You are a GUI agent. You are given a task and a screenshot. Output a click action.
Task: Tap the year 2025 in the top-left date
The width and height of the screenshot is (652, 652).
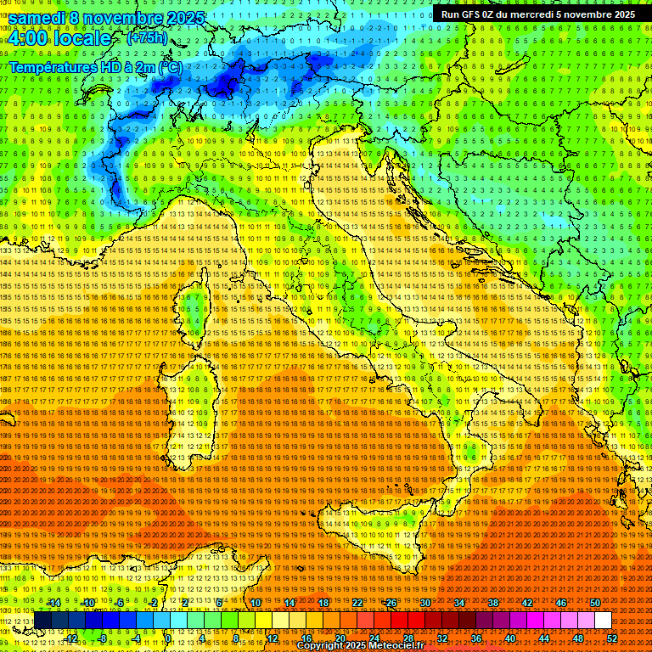(183, 18)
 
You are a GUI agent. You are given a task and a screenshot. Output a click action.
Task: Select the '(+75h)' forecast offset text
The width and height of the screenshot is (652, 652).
(147, 38)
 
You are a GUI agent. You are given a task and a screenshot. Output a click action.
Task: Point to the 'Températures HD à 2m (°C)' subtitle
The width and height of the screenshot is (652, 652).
(95, 66)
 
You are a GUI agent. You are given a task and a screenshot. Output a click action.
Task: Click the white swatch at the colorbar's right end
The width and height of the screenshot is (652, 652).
(603, 620)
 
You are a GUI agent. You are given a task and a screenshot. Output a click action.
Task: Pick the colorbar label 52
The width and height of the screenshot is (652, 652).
(612, 638)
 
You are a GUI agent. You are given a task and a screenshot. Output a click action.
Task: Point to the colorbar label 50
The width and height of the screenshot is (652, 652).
(595, 603)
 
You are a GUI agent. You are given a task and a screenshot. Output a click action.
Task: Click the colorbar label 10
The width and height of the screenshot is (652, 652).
(256, 603)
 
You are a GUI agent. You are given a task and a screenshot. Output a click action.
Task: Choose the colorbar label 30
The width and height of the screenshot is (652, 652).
(425, 603)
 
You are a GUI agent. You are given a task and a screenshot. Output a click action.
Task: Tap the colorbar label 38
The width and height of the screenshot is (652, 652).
(493, 603)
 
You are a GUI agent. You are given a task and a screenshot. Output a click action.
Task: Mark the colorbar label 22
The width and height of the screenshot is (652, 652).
(357, 603)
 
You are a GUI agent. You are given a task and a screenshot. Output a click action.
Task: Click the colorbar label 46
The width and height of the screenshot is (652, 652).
(561, 603)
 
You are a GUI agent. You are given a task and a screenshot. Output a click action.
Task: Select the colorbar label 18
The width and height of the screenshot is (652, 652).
(323, 603)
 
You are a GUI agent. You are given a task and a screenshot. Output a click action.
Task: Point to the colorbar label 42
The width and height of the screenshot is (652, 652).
(527, 603)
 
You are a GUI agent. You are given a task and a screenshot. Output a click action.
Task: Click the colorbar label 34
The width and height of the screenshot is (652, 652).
(459, 603)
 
